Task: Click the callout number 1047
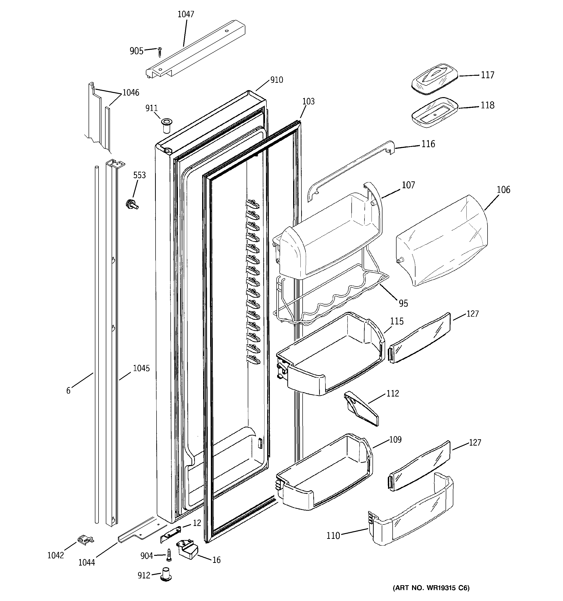(186, 14)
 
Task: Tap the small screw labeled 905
(160, 52)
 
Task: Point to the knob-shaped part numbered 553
(132, 204)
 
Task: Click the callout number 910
(276, 80)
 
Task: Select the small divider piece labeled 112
(361, 409)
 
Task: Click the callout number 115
(397, 321)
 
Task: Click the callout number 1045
(141, 368)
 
